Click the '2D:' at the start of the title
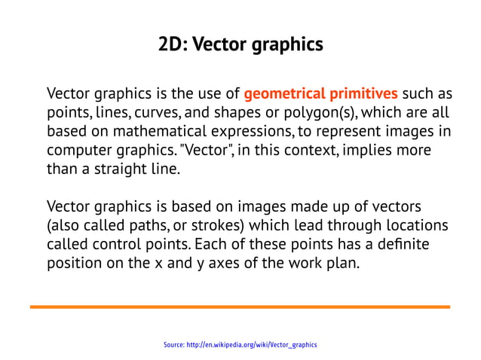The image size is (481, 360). coord(172,44)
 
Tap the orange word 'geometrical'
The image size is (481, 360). coord(280,95)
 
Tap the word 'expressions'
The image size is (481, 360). coord(242,132)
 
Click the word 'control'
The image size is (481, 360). coord(121,243)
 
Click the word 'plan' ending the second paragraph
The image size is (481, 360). coord(347,263)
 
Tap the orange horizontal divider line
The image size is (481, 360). coord(240,307)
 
